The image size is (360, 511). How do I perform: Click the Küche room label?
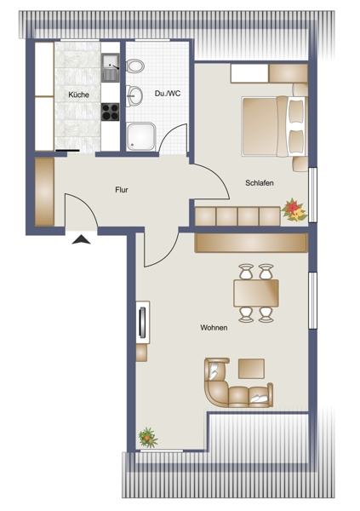point(78,95)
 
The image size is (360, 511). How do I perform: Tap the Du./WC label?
point(168,94)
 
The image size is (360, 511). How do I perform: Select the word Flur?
point(122,190)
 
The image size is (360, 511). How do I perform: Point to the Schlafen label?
point(260,183)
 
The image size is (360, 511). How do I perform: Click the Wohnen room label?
point(214,328)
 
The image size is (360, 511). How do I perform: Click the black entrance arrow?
point(81,239)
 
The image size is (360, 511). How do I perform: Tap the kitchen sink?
point(111,67)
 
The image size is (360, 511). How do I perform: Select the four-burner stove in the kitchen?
point(110,112)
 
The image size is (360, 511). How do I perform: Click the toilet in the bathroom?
point(135,66)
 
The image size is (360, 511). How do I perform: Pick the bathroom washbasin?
point(134,95)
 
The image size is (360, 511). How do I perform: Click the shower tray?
point(141,136)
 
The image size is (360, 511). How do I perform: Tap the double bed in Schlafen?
point(274,126)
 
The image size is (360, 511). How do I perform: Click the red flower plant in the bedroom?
point(294,210)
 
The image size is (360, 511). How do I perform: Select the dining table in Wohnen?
point(256,293)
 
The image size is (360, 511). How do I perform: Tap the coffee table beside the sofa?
point(251,369)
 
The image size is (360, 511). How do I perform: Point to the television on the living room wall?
point(142,321)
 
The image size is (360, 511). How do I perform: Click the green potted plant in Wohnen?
point(147,438)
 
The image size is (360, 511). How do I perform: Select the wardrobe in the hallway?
point(44,192)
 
